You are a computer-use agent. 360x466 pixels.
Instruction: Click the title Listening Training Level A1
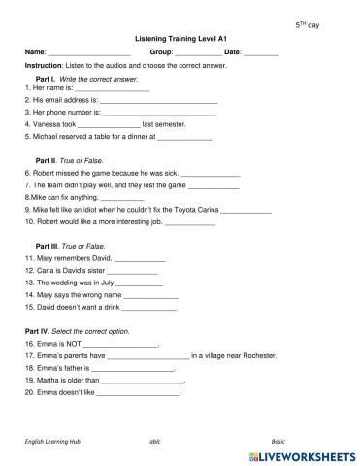tap(179, 37)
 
